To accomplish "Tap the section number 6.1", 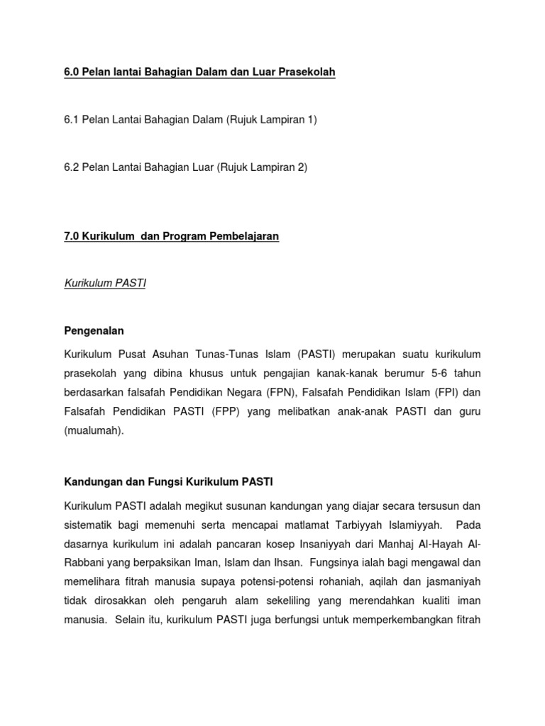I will (72, 120).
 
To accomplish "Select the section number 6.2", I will (72, 167).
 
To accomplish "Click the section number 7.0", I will (72, 236).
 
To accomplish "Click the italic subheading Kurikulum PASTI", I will (105, 283).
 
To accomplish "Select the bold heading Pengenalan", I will (94, 330).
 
